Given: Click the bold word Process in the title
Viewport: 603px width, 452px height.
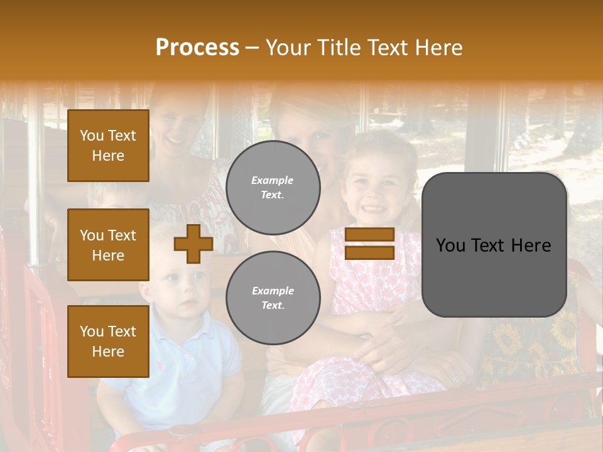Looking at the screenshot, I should [197, 47].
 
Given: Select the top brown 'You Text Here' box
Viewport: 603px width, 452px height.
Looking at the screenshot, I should [108, 146].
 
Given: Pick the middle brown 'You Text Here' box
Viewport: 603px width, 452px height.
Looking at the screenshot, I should [108, 245].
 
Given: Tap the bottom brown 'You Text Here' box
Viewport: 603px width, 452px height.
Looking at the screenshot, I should [108, 342].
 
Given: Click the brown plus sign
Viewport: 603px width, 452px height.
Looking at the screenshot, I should [193, 244].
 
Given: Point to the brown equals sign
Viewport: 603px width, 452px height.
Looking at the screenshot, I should [369, 244].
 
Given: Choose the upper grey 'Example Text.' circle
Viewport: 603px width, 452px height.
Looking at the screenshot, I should [273, 188].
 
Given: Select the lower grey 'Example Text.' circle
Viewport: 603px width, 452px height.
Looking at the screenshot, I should [273, 298].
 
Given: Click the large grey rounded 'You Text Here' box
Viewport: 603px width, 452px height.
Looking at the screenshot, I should [494, 245].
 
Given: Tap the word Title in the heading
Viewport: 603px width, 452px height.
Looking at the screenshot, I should [340, 47].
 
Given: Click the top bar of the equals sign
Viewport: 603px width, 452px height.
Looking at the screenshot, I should [369, 235].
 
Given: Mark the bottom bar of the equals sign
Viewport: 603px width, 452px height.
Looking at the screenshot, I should [369, 252].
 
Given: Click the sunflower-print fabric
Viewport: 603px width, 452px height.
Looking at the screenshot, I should [534, 345].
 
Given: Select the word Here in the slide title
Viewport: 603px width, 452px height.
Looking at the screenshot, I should [438, 47].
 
